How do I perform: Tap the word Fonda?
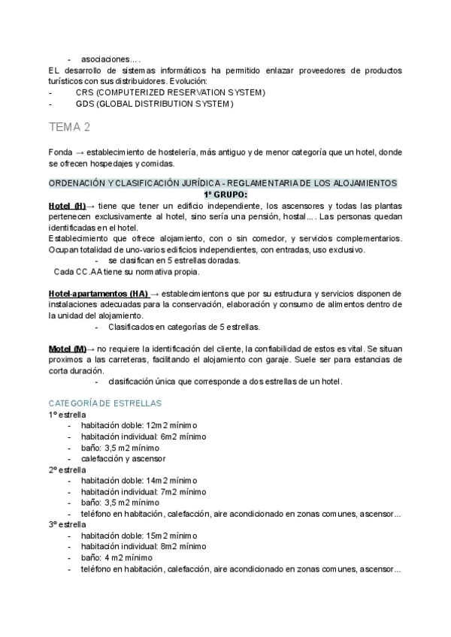click(x=59, y=152)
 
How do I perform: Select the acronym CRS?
click(x=84, y=92)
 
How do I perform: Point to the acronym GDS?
click(x=85, y=104)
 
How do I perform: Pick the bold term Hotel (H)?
click(x=67, y=206)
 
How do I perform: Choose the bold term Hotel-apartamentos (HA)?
click(x=98, y=293)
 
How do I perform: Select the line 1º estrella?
click(x=68, y=415)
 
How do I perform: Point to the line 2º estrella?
click(x=68, y=469)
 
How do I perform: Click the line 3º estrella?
click(x=68, y=524)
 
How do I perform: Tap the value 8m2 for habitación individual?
click(x=170, y=546)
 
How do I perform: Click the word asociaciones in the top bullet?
click(x=110, y=59)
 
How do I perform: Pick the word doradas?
click(x=223, y=261)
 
